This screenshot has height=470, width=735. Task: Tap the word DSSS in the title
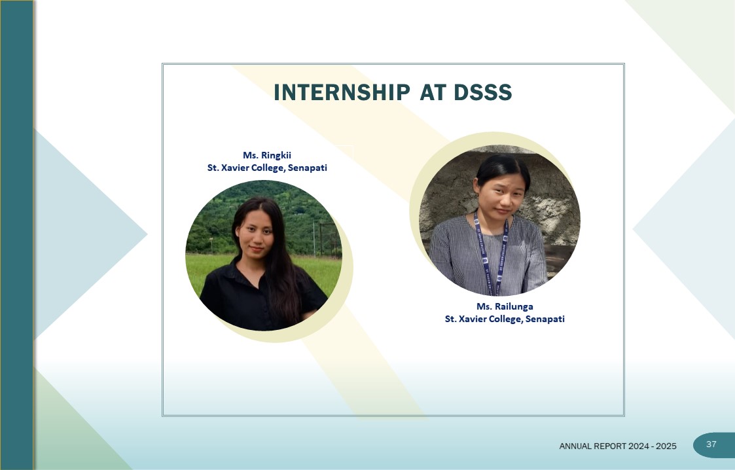pos(482,92)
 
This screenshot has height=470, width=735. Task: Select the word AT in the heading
pos(433,92)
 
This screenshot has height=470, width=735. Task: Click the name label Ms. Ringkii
pos(267,155)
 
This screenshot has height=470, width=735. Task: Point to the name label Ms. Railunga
pos(505,306)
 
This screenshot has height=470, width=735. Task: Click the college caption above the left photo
pos(267,168)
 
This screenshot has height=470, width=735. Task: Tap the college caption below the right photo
pos(505,319)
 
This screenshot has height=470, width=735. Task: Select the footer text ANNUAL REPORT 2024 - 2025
pos(618,446)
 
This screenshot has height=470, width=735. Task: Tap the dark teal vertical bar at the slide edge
pos(17,235)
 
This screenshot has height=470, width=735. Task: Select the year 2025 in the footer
pos(666,446)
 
